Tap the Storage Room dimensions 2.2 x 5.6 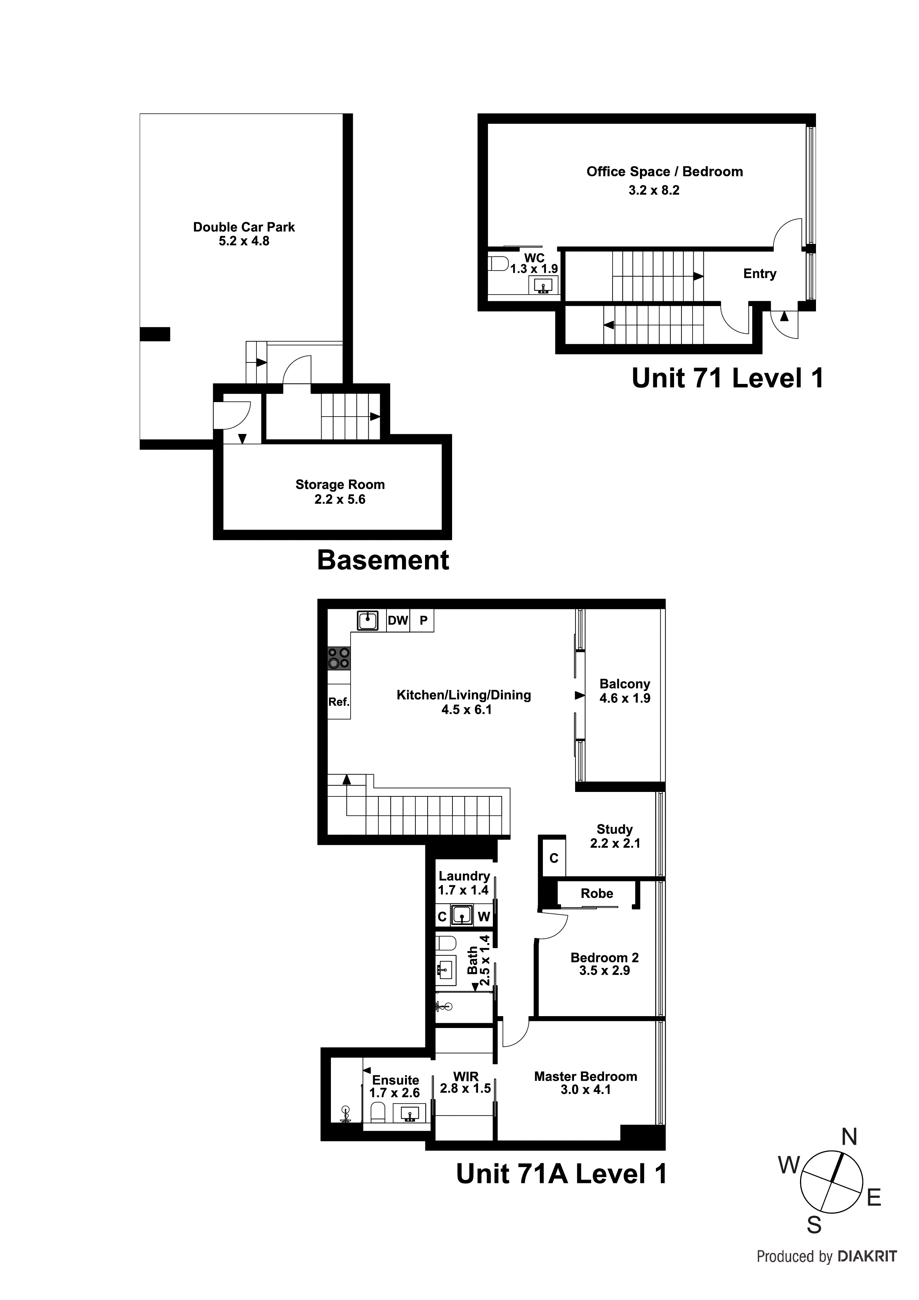340,500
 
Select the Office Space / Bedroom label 664,172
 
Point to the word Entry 759,273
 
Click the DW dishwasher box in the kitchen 398,621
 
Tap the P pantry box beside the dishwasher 422,621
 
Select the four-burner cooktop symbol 339,659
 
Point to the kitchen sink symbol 368,621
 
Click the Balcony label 624,684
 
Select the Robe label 597,893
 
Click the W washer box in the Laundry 484,917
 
